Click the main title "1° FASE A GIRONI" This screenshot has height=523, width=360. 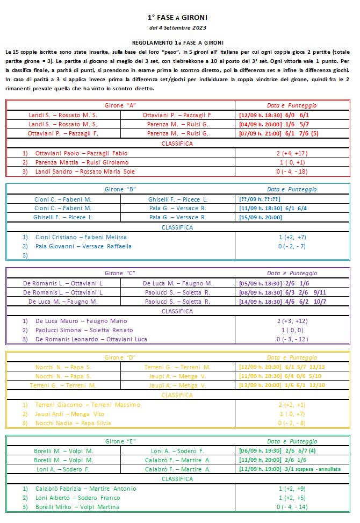pyautogui.click(x=177, y=17)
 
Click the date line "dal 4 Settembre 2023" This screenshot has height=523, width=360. pyautogui.click(x=177, y=27)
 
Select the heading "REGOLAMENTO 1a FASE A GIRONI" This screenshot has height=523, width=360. pyautogui.click(x=177, y=42)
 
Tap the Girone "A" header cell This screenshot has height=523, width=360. pyautogui.click(x=120, y=105)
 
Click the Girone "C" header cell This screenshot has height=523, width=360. pyautogui.click(x=120, y=273)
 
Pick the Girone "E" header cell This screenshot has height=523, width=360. pyautogui.click(x=120, y=441)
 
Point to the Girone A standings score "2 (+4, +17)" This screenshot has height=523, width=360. pyautogui.click(x=292, y=153)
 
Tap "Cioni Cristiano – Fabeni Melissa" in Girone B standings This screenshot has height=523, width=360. pyautogui.click(x=81, y=237)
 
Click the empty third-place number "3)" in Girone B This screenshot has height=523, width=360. pyautogui.click(x=25, y=255)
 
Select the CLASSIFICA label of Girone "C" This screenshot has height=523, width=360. pyautogui.click(x=177, y=311)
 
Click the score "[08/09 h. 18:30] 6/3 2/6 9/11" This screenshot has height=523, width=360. pyautogui.click(x=283, y=292)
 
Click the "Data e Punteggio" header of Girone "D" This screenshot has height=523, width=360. pyautogui.click(x=292, y=357)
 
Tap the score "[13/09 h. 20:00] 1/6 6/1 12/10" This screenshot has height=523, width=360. pyautogui.click(x=283, y=385)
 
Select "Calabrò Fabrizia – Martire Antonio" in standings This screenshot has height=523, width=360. pyautogui.click(x=85, y=489)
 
